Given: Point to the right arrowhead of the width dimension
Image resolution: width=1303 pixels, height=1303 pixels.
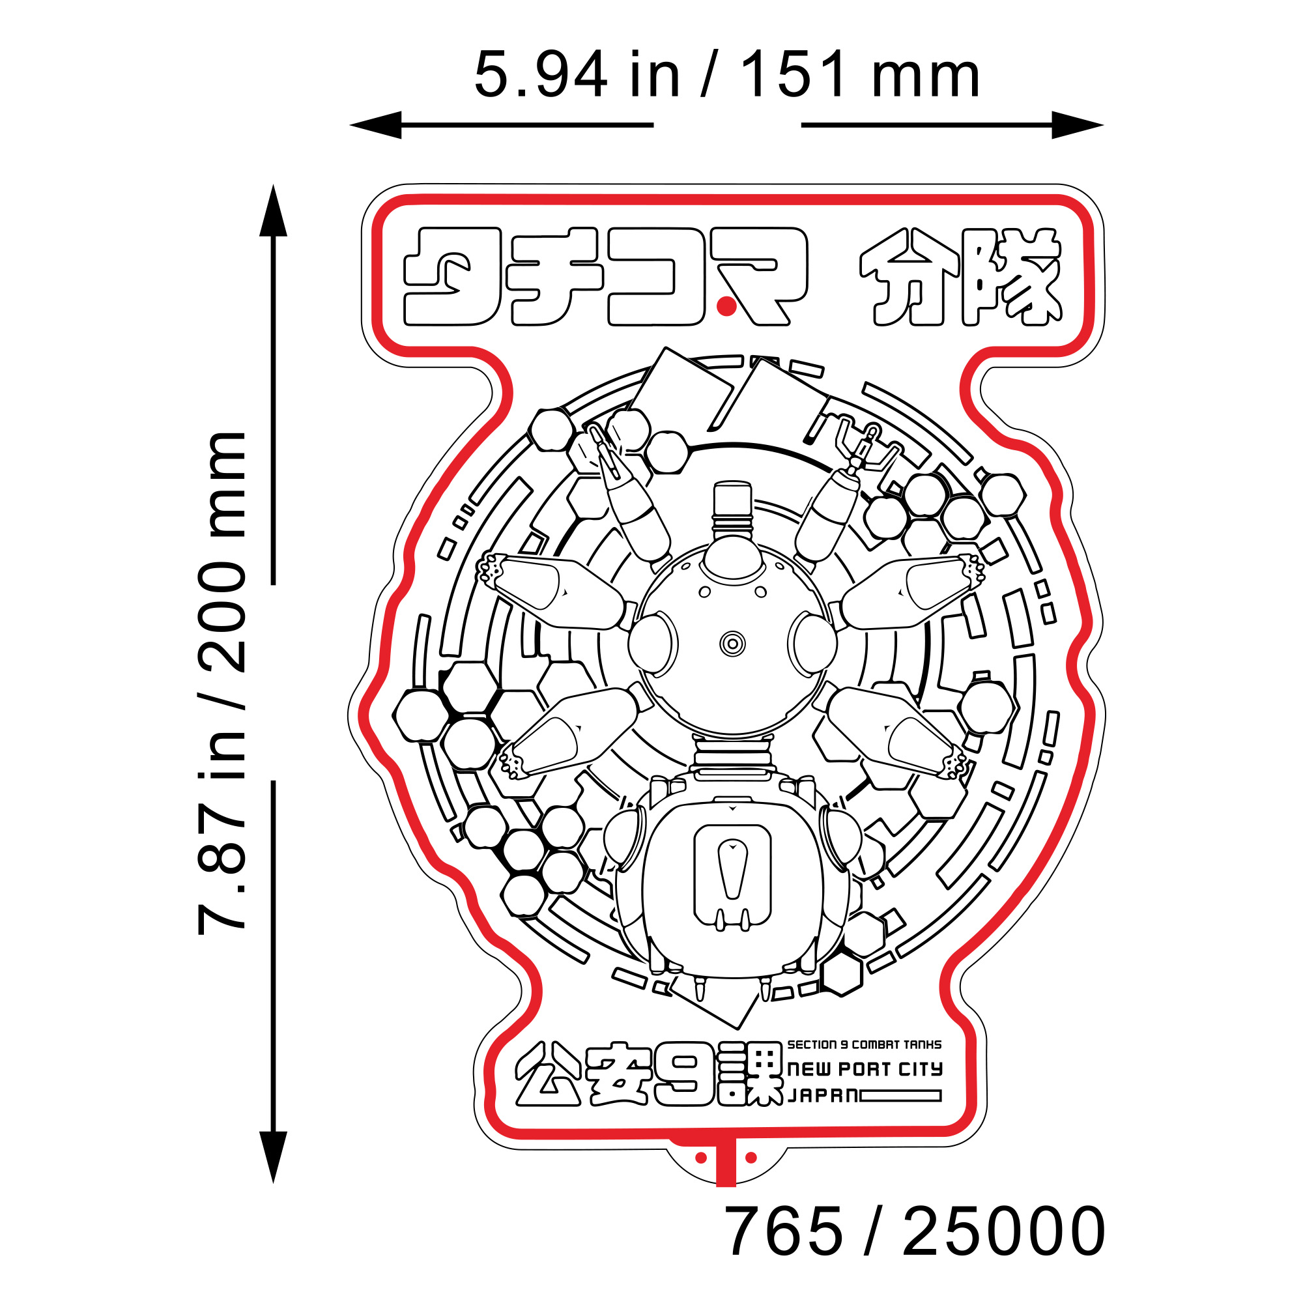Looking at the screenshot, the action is point(1078,125).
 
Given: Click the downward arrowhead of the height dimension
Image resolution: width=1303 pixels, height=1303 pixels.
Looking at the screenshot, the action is point(273,1157).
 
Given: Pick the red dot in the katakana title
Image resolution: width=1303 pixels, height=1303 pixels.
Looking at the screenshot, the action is point(726,307).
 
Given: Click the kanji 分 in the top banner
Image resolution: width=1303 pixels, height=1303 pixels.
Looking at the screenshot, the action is point(909,276).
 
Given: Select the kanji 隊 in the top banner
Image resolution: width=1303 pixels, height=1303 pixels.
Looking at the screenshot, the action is point(1013,276).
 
